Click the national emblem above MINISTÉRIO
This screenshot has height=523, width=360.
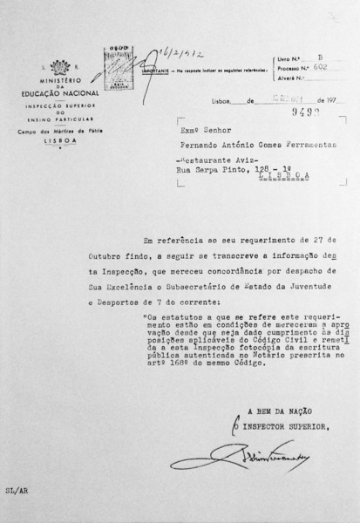pyautogui.click(x=60, y=67)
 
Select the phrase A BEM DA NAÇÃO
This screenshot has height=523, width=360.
pyautogui.click(x=276, y=412)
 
